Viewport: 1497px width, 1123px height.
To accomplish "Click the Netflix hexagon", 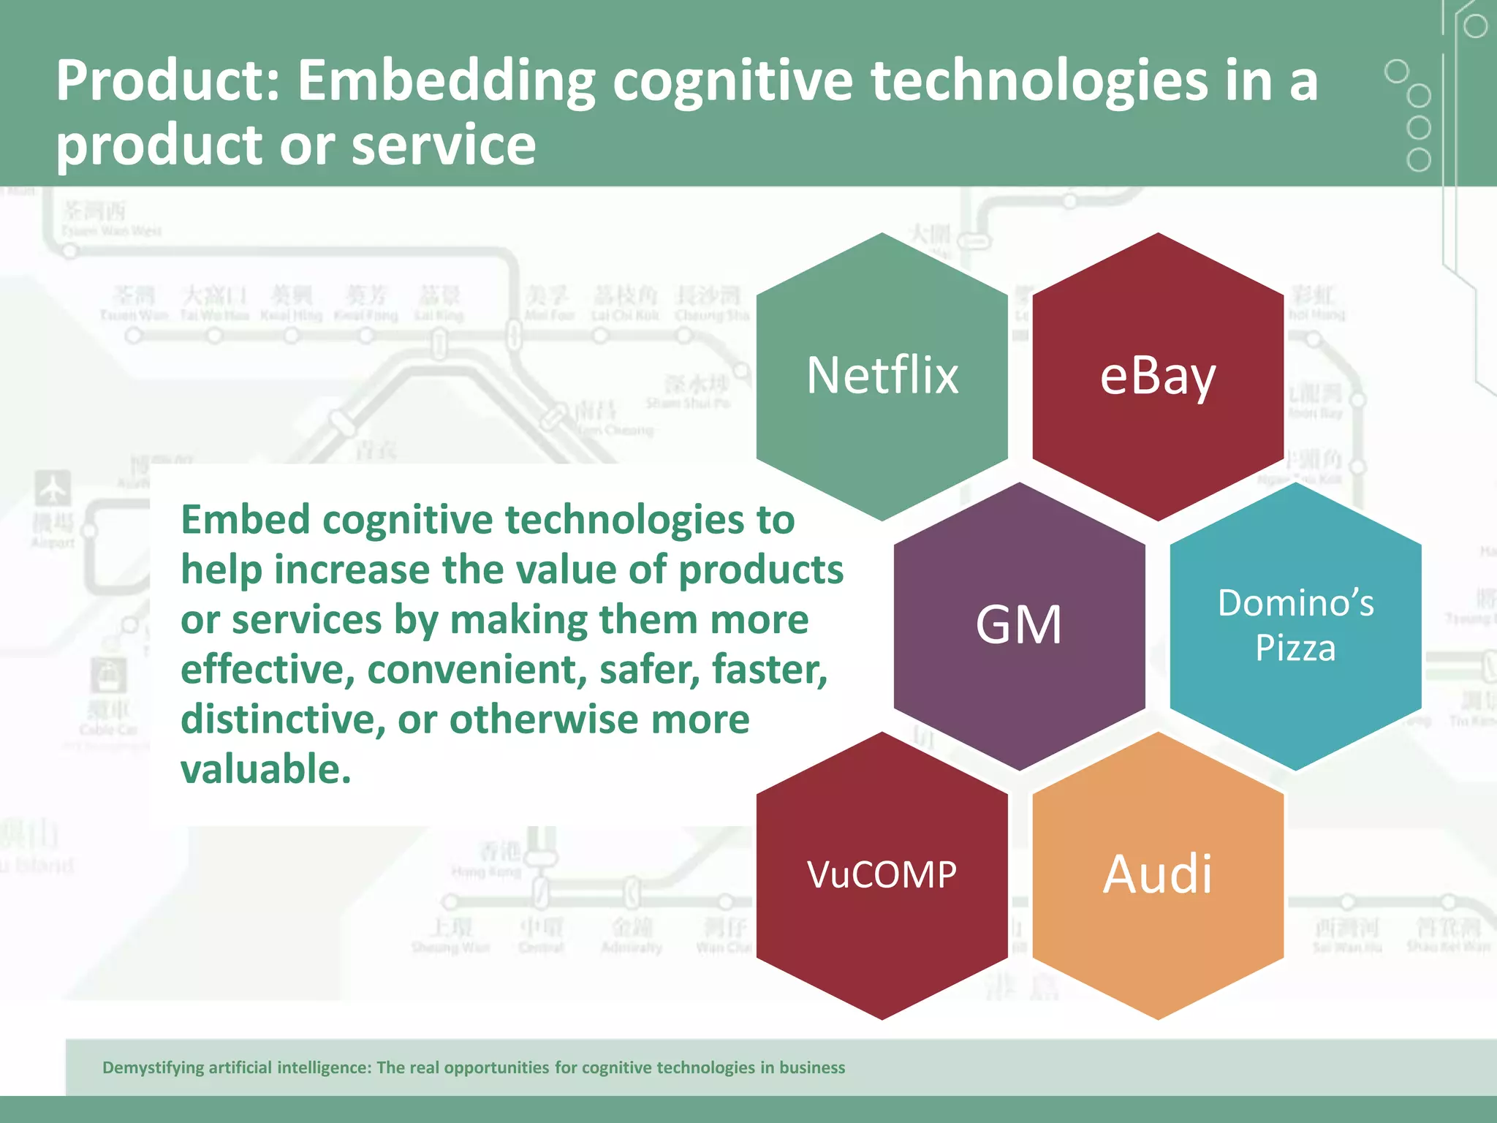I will (882, 376).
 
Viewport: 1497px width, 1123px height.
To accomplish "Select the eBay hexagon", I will (1158, 376).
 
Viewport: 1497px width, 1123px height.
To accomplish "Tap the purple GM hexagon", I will (1019, 625).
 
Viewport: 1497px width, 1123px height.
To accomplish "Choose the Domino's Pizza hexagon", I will (1295, 625).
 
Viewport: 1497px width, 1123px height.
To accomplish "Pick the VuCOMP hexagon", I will (882, 874).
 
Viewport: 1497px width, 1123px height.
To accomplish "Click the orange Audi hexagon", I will (1158, 874).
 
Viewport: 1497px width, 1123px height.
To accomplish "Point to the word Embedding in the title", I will (446, 82).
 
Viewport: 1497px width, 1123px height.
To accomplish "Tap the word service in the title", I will (444, 145).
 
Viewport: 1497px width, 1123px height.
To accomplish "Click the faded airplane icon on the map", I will (53, 488).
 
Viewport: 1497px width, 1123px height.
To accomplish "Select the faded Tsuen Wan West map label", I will (111, 231).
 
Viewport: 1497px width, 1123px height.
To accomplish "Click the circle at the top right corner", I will (1475, 26).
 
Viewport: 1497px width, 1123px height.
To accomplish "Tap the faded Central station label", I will (541, 948).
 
